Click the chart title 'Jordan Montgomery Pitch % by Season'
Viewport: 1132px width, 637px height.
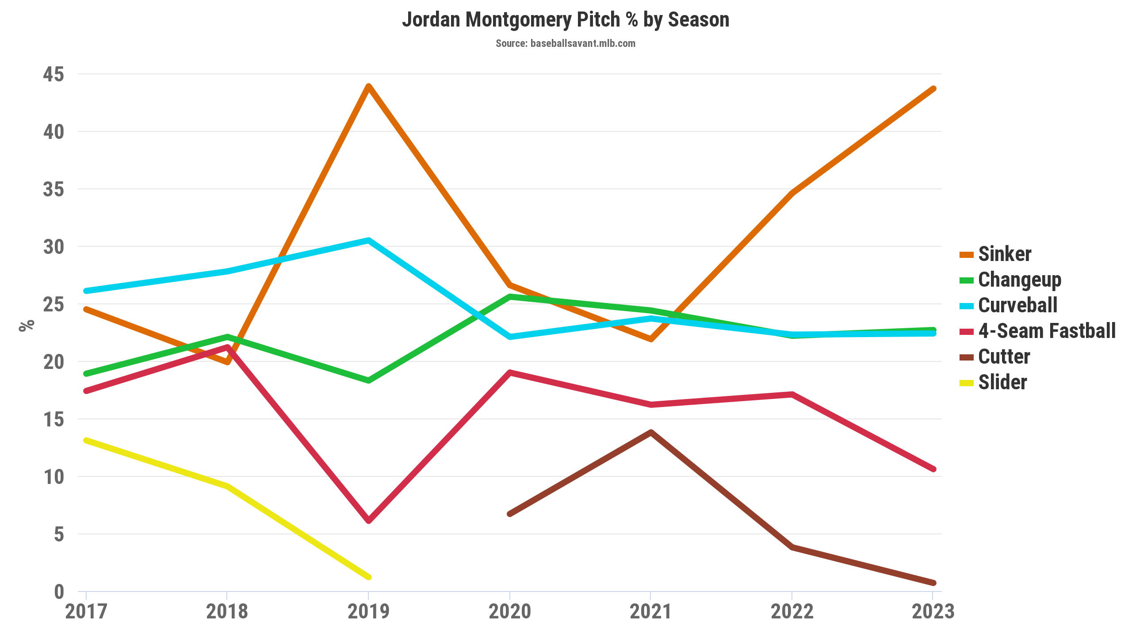(x=566, y=20)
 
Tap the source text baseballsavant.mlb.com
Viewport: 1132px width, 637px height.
(x=566, y=43)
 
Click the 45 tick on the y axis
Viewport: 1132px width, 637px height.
(x=54, y=74)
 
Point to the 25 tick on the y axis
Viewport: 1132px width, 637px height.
(x=54, y=304)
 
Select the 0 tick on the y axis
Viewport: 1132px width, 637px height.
(x=59, y=592)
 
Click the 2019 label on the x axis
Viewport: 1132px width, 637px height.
(x=368, y=612)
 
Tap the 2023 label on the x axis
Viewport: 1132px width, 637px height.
(x=933, y=612)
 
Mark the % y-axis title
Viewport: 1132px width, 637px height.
(x=27, y=325)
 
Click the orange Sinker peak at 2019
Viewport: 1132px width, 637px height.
(x=368, y=86)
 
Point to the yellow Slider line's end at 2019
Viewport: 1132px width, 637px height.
(x=368, y=577)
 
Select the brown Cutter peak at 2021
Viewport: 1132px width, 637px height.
(x=651, y=432)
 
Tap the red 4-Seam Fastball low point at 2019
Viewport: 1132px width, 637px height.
(x=368, y=521)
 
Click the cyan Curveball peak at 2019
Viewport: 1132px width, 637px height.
(x=368, y=241)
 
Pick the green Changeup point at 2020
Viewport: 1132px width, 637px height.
(x=510, y=297)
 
